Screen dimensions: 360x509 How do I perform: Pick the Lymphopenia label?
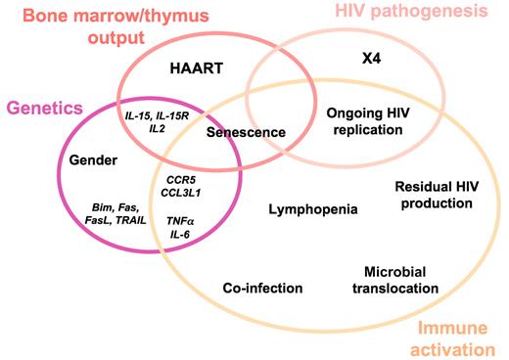pos(313,208)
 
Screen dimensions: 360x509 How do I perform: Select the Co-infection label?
pos(262,288)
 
